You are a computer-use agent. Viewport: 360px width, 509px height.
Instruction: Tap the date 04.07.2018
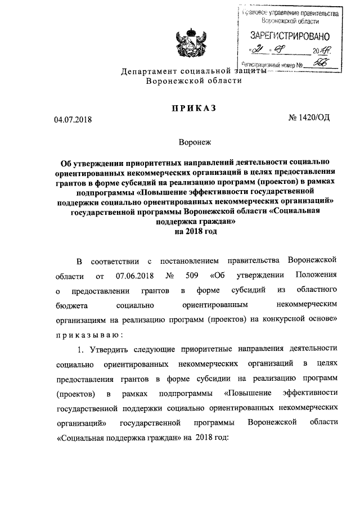pos(73,119)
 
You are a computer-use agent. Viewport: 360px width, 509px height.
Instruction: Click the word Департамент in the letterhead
pos(151,71)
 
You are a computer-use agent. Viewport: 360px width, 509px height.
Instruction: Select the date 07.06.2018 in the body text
pos(135,276)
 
